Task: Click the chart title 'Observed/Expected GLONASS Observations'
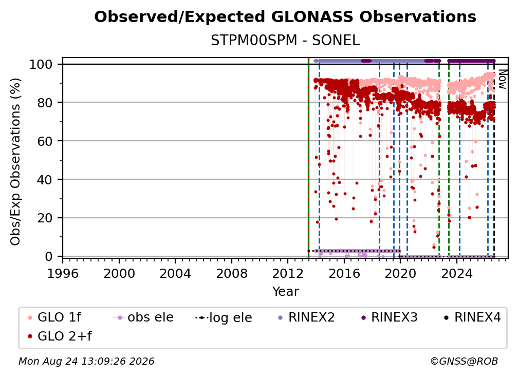285,17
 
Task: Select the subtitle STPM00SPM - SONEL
285,41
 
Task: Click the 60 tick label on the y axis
45,141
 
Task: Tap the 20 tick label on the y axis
45,218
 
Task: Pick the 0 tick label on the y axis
49,256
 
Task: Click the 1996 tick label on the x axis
63,274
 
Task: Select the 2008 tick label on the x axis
232,274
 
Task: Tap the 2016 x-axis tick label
344,274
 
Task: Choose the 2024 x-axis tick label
456,274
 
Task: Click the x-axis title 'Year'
285,292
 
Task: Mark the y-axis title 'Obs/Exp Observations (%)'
15,161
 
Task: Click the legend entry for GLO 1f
54,317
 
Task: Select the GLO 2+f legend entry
60,336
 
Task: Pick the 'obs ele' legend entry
143,317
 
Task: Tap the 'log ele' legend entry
224,317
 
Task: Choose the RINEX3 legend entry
389,317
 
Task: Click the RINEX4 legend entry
472,317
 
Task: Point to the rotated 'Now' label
503,79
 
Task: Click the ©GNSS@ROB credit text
464,362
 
